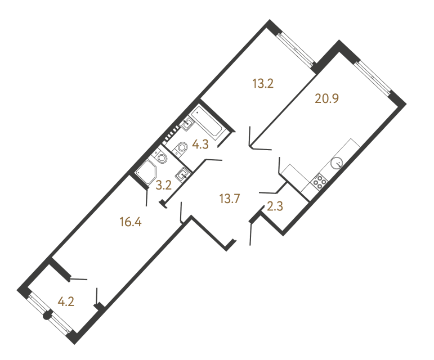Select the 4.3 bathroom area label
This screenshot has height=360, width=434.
[200, 145]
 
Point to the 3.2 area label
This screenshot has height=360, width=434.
[164, 184]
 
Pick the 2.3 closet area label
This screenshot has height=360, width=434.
[275, 208]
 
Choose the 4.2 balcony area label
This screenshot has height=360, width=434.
[66, 301]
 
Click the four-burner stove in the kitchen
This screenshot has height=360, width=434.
[319, 182]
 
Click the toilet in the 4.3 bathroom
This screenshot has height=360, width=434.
[181, 148]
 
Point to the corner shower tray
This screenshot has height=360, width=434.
[148, 170]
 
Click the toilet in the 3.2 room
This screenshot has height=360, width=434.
[161, 157]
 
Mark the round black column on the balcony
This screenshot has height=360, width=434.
[47, 316]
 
